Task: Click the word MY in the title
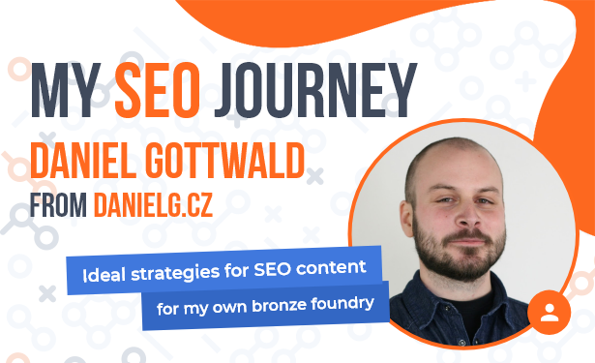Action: pyautogui.click(x=66, y=90)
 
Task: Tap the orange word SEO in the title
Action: pyautogui.click(x=158, y=90)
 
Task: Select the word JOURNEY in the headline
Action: pyautogui.click(x=315, y=90)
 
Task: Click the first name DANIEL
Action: pyautogui.click(x=83, y=161)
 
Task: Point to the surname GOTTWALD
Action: pyautogui.click(x=225, y=161)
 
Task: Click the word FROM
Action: pyautogui.click(x=58, y=205)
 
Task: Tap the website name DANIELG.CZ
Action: pyautogui.click(x=153, y=205)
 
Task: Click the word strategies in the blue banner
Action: pyautogui.click(x=175, y=274)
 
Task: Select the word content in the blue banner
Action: pyautogui.click(x=331, y=267)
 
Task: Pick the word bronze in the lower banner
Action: pyautogui.click(x=279, y=306)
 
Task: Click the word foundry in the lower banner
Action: pyautogui.click(x=342, y=304)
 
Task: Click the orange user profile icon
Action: pyautogui.click(x=550, y=313)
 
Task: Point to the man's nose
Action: pyautogui.click(x=467, y=216)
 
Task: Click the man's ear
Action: pyautogui.click(x=406, y=219)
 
